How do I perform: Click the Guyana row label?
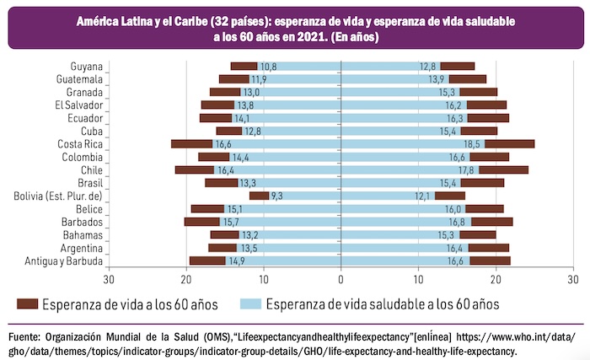87,66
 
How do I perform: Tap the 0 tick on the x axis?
341,279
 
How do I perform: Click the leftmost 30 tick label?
109,279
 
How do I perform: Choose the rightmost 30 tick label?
572,279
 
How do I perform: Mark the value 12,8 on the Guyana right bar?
429,66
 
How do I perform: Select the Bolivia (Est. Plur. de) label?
58,196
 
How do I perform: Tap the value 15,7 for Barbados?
231,223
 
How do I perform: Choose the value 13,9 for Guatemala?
437,79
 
